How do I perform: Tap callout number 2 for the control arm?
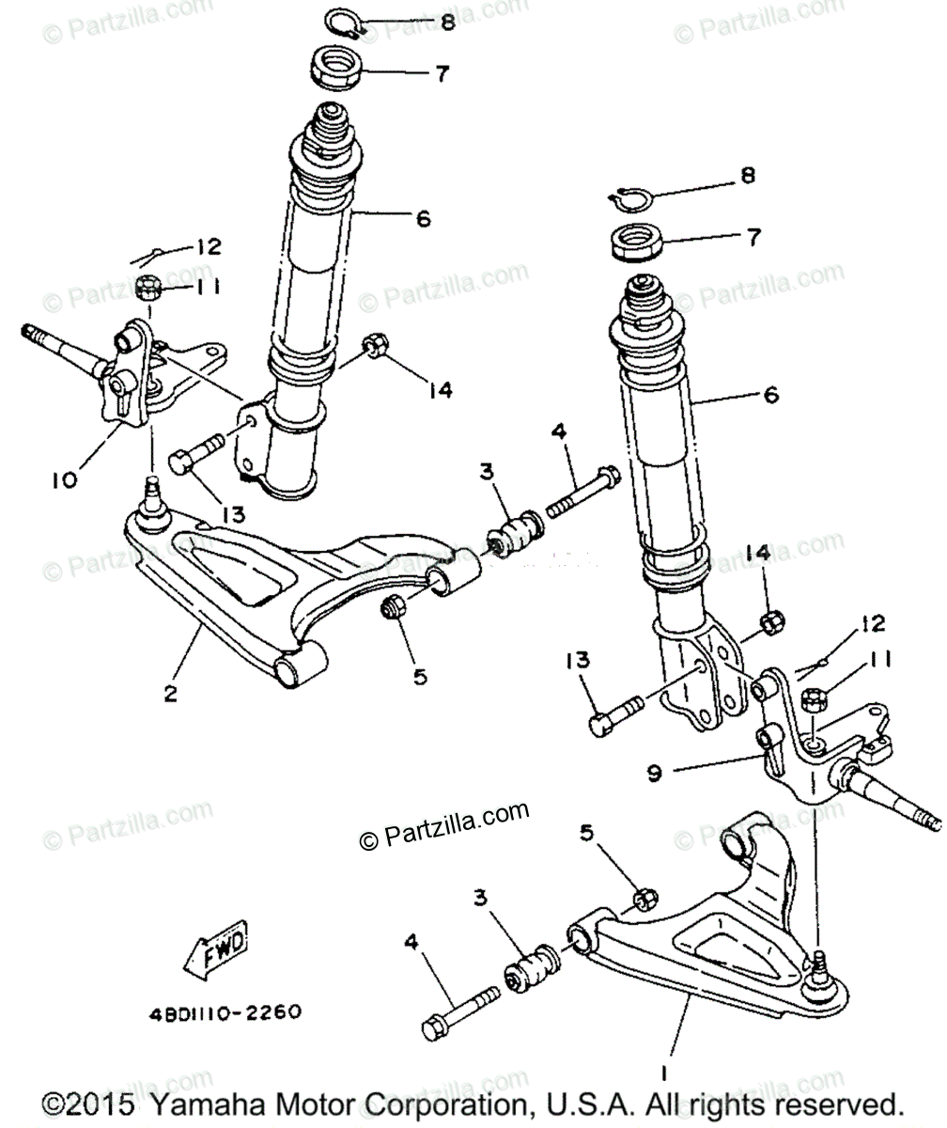(170, 694)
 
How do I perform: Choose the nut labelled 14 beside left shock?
(375, 346)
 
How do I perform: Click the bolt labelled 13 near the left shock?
(194, 454)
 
